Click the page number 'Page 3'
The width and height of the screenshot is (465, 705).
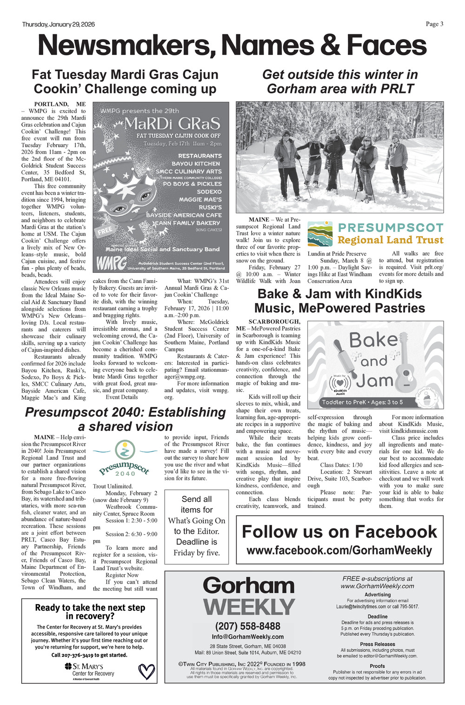434,24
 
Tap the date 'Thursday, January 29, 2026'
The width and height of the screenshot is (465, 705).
58,25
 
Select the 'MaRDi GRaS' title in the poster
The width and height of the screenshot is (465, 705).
172,124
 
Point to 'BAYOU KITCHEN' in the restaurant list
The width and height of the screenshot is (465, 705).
196,164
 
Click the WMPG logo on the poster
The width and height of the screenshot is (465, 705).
111,264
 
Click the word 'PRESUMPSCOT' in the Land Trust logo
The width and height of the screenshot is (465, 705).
390,228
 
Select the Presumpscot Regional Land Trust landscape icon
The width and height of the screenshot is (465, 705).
320,234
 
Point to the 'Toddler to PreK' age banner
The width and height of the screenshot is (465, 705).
362,402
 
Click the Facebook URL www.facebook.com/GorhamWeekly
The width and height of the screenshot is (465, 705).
339,551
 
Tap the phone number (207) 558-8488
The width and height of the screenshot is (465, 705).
248,626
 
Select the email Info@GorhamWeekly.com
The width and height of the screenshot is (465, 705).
248,637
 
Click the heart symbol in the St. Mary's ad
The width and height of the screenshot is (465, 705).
146,671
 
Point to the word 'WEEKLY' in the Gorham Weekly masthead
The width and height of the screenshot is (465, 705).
249,607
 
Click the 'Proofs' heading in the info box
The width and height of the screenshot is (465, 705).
377,666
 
